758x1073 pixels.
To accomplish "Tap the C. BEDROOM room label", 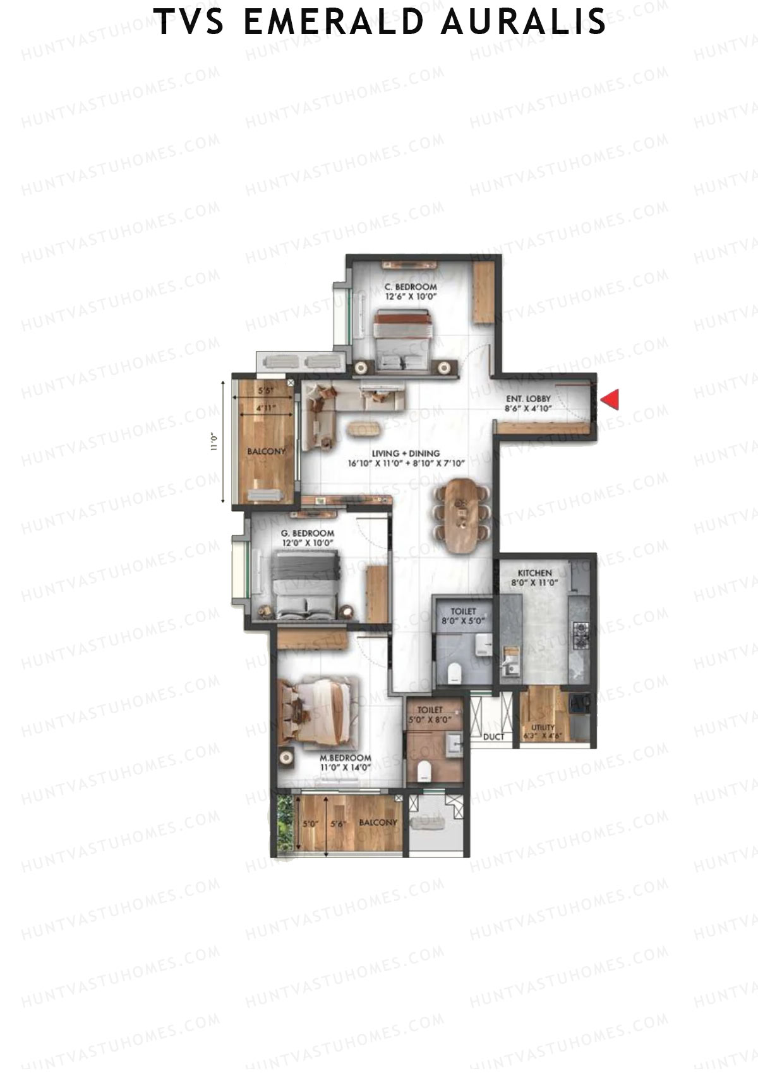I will click(411, 287).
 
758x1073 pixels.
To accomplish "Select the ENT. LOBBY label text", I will click(528, 399).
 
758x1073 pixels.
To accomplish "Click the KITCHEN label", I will click(534, 573).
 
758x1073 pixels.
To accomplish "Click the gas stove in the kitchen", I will click(581, 634).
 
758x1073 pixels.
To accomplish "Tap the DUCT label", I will click(493, 737).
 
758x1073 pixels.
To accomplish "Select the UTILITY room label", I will click(543, 728).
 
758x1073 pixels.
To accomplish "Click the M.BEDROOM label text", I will click(345, 758).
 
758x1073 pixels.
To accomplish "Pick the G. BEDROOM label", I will click(308, 534).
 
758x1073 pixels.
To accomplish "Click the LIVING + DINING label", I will click(406, 453).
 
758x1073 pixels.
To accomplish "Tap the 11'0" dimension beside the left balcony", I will click(215, 441).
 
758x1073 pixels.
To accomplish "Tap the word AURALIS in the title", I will click(524, 21).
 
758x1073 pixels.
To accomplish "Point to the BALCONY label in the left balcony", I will click(266, 451).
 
